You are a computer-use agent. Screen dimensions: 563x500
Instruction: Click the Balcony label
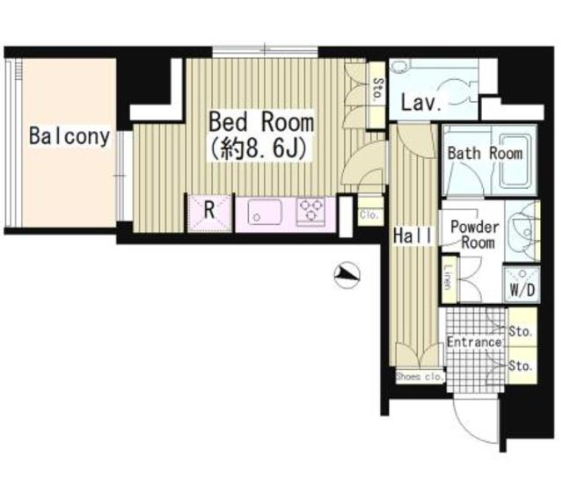click(x=69, y=136)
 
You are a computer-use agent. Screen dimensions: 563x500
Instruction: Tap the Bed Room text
click(x=261, y=122)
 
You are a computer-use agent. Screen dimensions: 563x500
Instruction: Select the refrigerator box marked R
click(x=209, y=213)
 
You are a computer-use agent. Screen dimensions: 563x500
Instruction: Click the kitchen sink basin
click(x=265, y=212)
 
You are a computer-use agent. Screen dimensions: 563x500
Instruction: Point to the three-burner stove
click(x=311, y=212)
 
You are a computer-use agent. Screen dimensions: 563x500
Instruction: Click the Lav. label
click(x=420, y=103)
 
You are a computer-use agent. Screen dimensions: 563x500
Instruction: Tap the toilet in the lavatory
click(x=458, y=91)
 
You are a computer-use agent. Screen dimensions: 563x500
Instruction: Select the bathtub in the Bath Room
click(x=514, y=162)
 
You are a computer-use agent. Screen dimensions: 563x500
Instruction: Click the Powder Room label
click(x=475, y=235)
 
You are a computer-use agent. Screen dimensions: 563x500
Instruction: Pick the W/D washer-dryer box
click(x=522, y=283)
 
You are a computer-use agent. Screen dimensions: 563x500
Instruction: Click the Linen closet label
click(x=448, y=277)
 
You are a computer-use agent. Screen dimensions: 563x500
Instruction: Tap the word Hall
click(x=413, y=236)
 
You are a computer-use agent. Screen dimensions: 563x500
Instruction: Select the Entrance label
click(x=474, y=342)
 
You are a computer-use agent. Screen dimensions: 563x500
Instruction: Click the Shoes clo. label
click(x=420, y=377)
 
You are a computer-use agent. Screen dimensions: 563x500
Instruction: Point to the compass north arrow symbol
click(x=347, y=275)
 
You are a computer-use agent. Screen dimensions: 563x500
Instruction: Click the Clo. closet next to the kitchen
click(x=369, y=215)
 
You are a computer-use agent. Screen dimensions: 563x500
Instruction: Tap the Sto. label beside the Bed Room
click(x=377, y=89)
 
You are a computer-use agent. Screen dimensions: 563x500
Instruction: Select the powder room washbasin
click(x=523, y=230)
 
